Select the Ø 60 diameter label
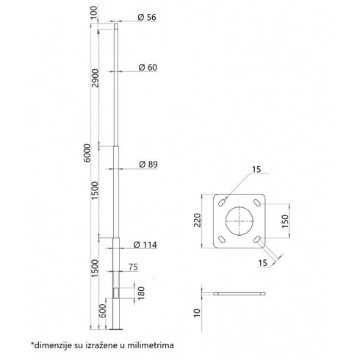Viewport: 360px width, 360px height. click(x=148, y=67)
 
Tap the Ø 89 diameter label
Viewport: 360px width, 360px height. click(x=148, y=164)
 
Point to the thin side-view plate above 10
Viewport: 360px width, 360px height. click(x=239, y=293)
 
